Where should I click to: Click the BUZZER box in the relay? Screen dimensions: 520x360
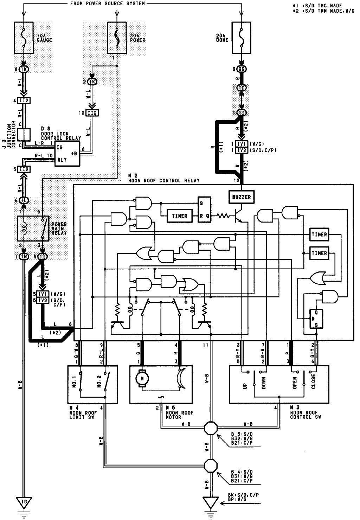242,197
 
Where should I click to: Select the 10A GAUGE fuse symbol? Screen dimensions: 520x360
24,37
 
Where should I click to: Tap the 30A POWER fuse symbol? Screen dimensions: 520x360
117,37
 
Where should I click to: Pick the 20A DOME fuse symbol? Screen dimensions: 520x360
242,37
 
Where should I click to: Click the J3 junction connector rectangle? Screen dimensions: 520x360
24,135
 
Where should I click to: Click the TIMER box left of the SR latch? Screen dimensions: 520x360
180,216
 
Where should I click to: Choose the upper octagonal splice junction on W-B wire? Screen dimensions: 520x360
211,429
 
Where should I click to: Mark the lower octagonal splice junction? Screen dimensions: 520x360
211,466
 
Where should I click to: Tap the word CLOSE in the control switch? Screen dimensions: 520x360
313,381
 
